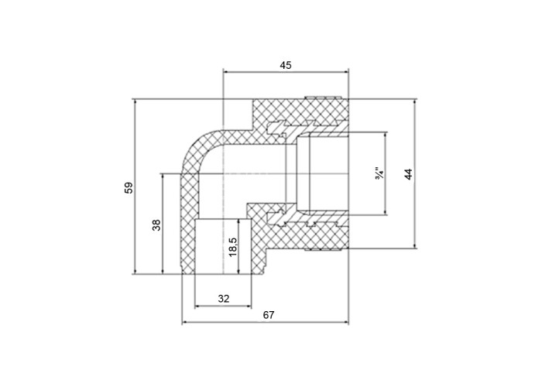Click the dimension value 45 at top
click(286, 65)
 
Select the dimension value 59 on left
click(129, 187)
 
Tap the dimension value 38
click(156, 225)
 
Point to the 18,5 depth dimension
click(233, 247)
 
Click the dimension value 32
click(224, 298)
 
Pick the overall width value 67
click(269, 315)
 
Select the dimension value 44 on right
click(409, 174)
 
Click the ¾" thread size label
click(379, 173)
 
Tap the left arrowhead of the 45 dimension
click(227, 72)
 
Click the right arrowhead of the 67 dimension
click(345, 323)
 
